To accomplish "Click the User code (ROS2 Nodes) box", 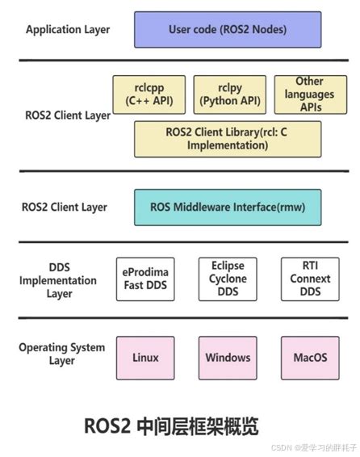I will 228,30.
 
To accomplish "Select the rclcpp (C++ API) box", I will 149,94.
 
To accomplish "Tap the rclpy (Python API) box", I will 228,94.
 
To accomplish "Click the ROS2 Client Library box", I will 228,139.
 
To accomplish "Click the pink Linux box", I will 145,357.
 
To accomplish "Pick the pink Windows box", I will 228,357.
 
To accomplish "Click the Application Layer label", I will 68,30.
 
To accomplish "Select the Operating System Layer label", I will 62,354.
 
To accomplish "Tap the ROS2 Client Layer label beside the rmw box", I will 64,207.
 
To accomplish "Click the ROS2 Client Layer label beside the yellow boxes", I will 68,115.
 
